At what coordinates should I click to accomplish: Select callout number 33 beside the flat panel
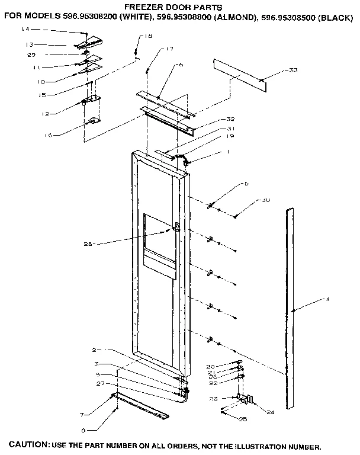coord(292,71)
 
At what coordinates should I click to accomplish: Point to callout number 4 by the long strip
coord(327,300)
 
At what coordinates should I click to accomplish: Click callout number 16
coord(49,135)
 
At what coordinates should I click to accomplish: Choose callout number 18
coord(147,37)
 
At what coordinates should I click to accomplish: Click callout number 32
coord(214,120)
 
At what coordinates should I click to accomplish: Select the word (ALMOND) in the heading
coord(234,18)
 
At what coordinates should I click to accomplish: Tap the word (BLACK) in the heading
coord(336,18)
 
